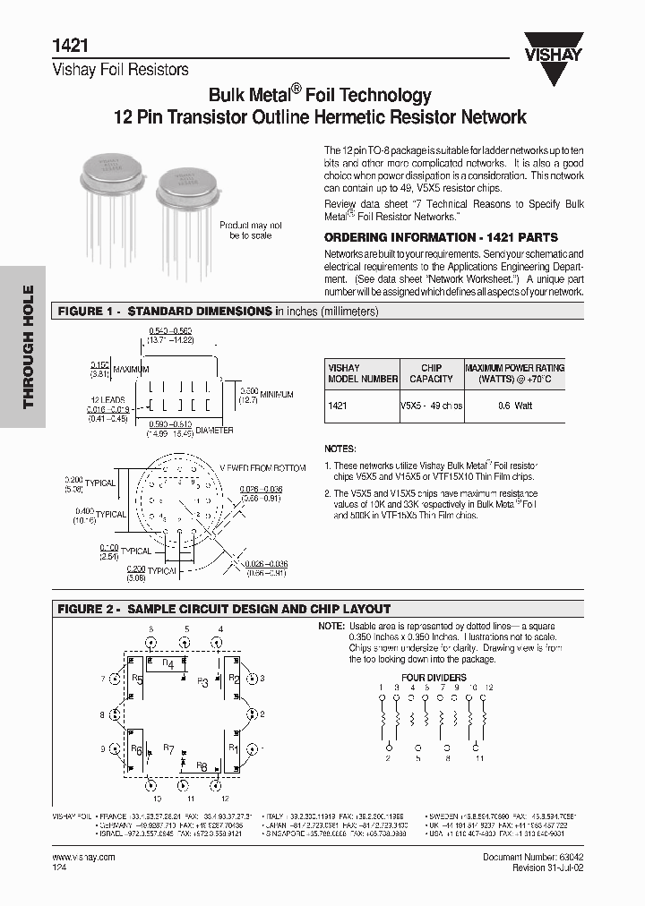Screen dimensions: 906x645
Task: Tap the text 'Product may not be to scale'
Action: pyautogui.click(x=251, y=230)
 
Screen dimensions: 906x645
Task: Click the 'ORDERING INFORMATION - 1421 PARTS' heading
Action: pyautogui.click(x=440, y=238)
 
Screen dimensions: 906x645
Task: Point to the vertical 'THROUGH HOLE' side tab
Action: pyautogui.click(x=28, y=346)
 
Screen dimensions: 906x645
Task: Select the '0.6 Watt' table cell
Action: pyautogui.click(x=514, y=406)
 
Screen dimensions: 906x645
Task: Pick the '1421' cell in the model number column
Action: pyautogui.click(x=338, y=406)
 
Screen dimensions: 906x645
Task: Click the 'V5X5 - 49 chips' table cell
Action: pyautogui.click(x=432, y=406)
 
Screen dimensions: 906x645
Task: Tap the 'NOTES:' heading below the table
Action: pyautogui.click(x=340, y=449)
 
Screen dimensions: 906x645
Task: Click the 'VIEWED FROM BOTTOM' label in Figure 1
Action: pyautogui.click(x=263, y=467)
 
